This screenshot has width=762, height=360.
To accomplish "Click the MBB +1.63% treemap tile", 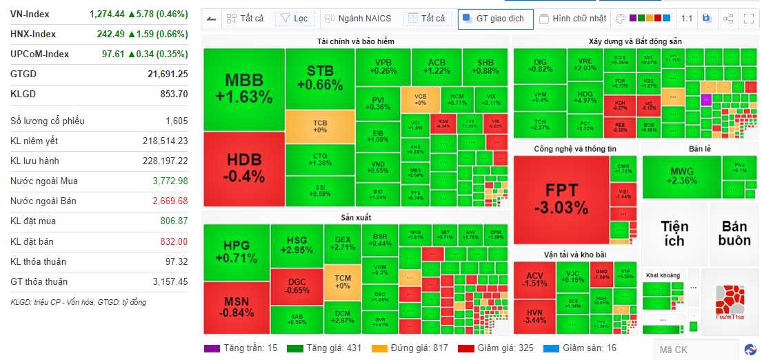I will pos(243,89).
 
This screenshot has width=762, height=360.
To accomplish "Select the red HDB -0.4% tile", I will pos(243,168).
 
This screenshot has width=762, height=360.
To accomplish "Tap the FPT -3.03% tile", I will pos(561,199).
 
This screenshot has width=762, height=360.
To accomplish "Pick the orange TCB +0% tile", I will pos(319,126).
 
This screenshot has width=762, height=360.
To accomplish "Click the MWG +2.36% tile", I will pos(681,176).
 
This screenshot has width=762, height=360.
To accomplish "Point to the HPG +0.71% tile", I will pos(236,252).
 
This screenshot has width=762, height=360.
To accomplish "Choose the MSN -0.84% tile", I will pos(236,307).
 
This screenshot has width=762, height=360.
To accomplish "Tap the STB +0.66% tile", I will pos(319,78).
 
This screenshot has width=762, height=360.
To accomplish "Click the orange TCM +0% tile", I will pos(342,281).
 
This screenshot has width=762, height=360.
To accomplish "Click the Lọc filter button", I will pos(294,19).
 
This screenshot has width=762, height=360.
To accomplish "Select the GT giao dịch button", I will pos(496,19).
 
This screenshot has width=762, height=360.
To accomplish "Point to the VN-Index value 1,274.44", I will pos(107,13).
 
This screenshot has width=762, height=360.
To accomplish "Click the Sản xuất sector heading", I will pos(356,217).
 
